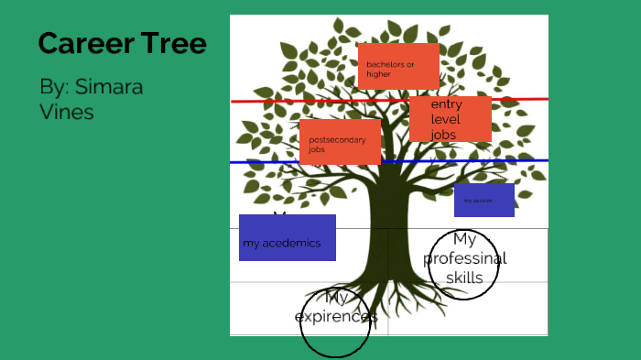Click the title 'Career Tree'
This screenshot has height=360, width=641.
coord(122,43)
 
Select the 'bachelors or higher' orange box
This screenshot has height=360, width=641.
coord(398,66)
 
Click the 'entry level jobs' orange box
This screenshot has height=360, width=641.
coord(450,119)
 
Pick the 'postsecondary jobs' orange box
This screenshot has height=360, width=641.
coord(340,142)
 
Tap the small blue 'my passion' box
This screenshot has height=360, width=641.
coord(483,200)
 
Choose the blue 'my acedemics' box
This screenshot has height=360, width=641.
coord(287,238)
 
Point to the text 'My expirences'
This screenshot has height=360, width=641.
coord(335,308)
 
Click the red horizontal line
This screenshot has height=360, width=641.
coord(275,101)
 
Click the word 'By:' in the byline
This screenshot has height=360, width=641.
coord(55,88)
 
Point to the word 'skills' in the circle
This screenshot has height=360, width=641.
coord(465,278)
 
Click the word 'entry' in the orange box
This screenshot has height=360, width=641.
coord(446,105)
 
